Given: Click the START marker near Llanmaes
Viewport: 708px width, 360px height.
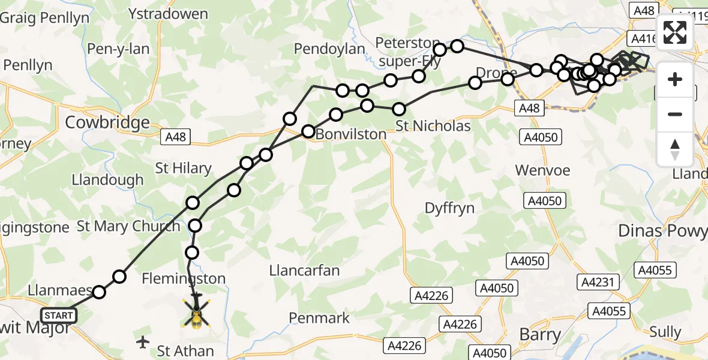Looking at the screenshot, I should [59, 316].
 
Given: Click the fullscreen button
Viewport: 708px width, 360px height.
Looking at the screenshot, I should [675, 32].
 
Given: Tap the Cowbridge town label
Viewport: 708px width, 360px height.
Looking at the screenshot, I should [107, 122].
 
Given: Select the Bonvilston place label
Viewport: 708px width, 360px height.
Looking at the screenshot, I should [350, 134].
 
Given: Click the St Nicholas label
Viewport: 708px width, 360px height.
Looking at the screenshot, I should [433, 127].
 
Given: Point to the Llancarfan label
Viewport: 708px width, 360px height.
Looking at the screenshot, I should [304, 271].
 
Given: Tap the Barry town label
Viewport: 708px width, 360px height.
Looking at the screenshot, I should [540, 334].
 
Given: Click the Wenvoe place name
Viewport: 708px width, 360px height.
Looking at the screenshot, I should [542, 170].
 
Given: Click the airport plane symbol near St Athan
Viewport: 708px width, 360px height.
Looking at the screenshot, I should [143, 343].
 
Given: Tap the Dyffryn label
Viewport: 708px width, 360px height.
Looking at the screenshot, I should [449, 208].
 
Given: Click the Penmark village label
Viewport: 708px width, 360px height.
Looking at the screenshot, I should [319, 317].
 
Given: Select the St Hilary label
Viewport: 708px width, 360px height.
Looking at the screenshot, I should [183, 168].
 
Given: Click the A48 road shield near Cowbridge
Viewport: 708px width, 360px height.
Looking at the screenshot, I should [175, 137].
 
